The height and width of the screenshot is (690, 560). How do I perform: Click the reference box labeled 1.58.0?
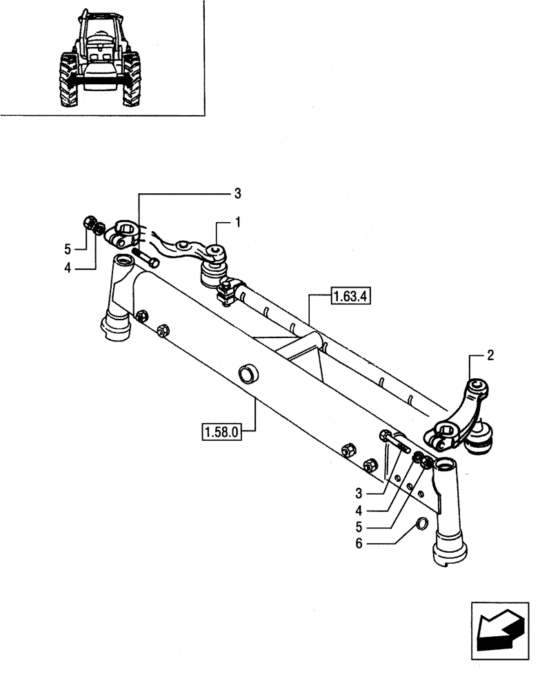pyautogui.click(x=221, y=433)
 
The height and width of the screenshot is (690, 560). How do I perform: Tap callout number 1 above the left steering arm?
pyautogui.click(x=239, y=223)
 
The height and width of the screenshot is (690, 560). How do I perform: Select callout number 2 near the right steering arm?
pyautogui.click(x=490, y=356)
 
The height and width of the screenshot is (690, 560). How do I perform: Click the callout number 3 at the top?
pyautogui.click(x=238, y=193)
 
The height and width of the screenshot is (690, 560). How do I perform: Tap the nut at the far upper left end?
pyautogui.click(x=89, y=222)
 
